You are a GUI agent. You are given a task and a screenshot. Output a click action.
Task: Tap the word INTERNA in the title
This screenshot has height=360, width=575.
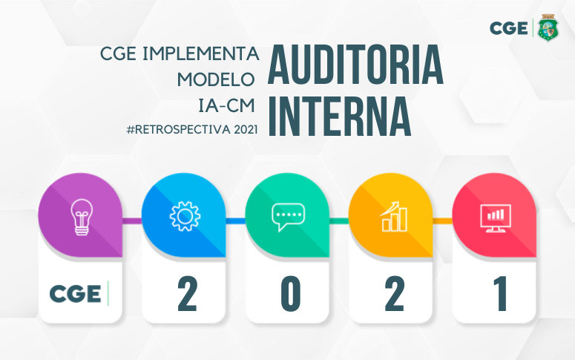click(339, 116)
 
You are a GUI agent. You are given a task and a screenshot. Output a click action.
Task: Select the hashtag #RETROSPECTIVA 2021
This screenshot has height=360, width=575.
click(192, 129)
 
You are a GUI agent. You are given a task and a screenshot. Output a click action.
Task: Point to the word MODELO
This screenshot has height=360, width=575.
click(217, 79)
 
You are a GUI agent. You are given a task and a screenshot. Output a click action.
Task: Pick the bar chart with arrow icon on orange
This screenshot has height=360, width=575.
click(392, 216)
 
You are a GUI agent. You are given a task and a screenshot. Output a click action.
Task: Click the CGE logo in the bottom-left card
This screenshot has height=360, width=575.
click(77, 294)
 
